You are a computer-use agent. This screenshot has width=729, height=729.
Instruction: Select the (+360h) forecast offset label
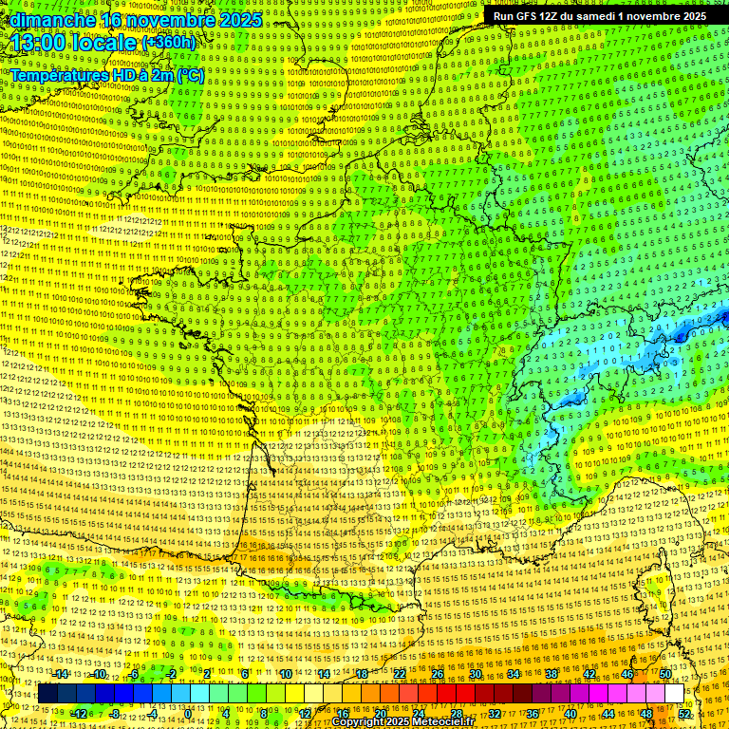168,43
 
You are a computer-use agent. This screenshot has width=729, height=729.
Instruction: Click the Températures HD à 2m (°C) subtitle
107,75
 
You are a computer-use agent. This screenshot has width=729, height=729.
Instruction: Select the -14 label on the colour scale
61,674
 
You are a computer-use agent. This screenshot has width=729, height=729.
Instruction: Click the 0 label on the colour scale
188,713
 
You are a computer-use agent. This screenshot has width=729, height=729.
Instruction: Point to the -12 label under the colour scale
79,713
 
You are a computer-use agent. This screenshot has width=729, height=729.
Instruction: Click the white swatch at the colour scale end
674,694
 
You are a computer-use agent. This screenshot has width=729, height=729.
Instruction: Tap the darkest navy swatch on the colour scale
47,694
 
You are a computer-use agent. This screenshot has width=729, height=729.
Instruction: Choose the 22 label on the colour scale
400,674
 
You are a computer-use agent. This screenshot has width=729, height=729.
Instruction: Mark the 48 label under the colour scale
647,713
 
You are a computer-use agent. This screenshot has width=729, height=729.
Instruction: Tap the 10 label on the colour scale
285,674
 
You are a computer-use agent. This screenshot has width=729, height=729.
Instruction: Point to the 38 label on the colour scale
551,674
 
